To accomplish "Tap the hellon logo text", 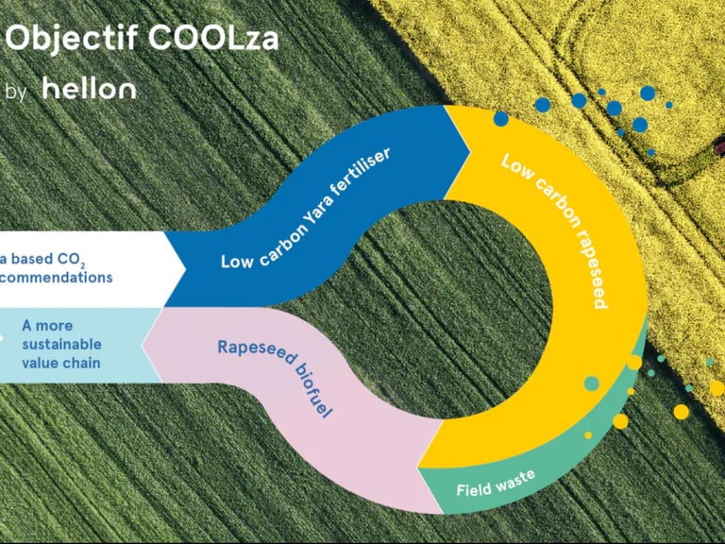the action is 90,90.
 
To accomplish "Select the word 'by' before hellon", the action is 16,92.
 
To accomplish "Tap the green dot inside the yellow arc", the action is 591,382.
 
